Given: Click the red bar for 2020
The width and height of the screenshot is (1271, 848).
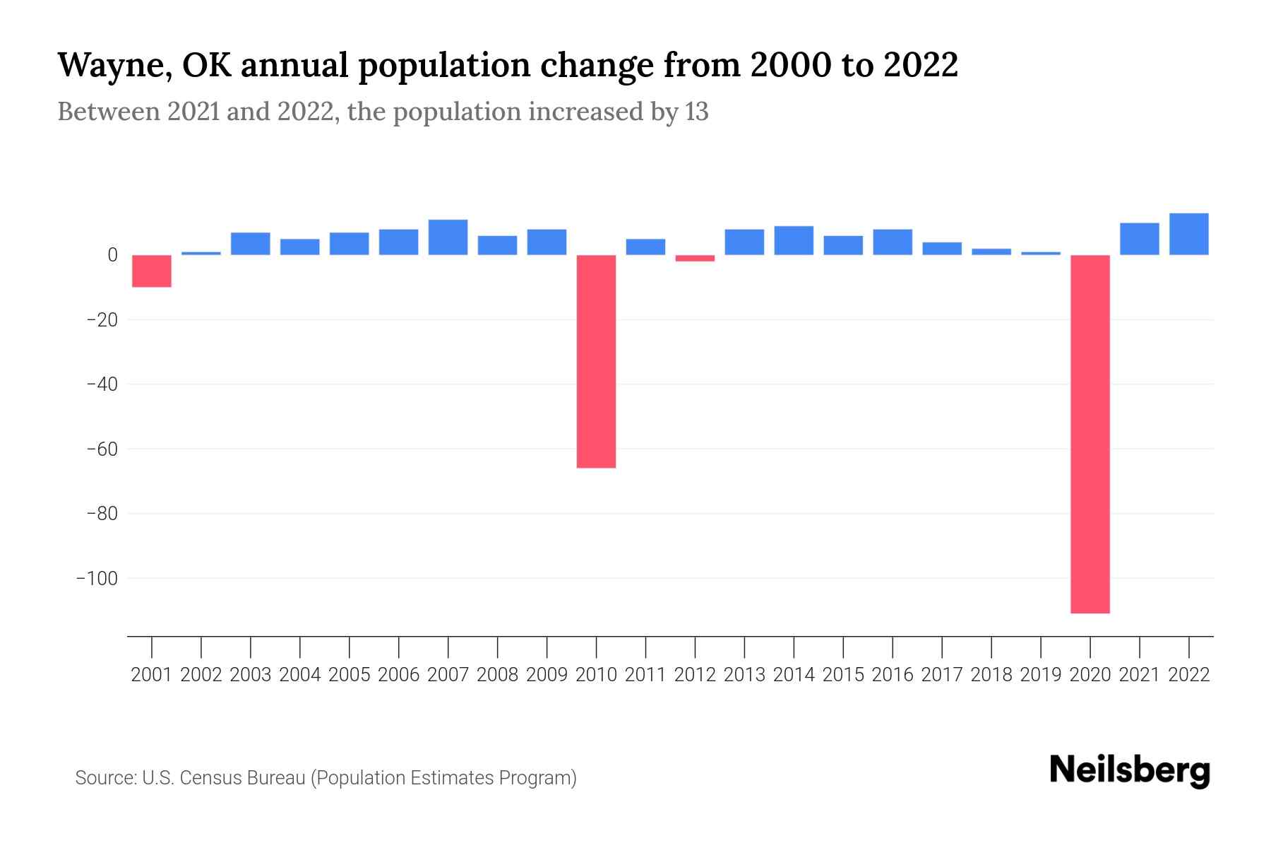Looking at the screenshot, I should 1090,433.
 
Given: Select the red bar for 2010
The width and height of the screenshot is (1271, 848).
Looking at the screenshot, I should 596,361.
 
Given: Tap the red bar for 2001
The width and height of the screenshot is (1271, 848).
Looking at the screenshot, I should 152,271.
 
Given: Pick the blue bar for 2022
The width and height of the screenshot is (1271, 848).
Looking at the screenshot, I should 1189,234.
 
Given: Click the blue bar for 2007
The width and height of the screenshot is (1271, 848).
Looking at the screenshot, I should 448,237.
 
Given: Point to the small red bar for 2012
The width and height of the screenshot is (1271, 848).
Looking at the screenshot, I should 695,258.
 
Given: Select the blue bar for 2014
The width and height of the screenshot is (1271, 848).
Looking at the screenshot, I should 794,240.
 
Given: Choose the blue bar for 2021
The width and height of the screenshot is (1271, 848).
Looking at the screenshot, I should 1140,239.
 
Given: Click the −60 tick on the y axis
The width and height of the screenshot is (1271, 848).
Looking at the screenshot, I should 102,449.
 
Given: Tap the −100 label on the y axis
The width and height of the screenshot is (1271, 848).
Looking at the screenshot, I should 97,578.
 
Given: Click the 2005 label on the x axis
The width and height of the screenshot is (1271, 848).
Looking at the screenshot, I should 350,675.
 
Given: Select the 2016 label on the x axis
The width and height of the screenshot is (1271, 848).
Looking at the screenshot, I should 893,675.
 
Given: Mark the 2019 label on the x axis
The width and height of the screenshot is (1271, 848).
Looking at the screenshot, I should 1041,675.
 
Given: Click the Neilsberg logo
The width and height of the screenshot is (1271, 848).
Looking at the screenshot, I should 1130,770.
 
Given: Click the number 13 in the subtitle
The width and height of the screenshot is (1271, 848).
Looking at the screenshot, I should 696,112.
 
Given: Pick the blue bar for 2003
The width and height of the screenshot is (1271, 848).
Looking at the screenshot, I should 251,244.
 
